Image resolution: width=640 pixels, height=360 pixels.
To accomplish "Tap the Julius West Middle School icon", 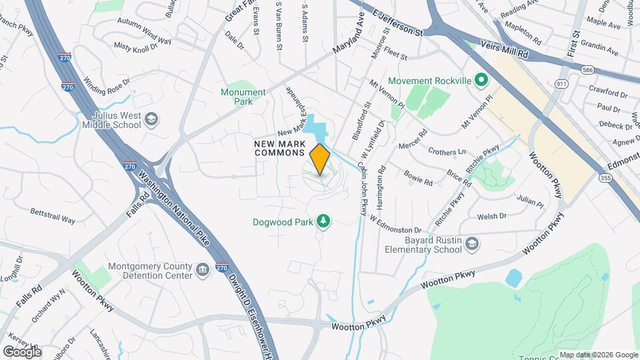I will [x=152, y=119].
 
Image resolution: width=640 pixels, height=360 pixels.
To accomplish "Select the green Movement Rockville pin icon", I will [x=479, y=81].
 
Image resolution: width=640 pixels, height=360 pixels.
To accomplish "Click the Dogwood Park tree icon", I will [x=323, y=220].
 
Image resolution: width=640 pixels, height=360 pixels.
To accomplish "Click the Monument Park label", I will [x=238, y=97].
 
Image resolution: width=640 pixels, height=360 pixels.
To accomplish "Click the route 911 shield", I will [x=561, y=83].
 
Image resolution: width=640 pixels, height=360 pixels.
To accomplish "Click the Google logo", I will [x=22, y=351].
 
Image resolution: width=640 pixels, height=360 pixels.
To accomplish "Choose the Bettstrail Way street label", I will [x=53, y=215].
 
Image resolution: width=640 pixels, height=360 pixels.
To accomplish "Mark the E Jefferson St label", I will [x=397, y=23].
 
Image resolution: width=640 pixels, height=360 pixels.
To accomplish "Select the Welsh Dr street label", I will [x=493, y=216].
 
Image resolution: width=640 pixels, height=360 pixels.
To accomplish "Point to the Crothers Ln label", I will [x=447, y=151].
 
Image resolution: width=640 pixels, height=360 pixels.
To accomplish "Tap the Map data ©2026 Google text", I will [x=599, y=355].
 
